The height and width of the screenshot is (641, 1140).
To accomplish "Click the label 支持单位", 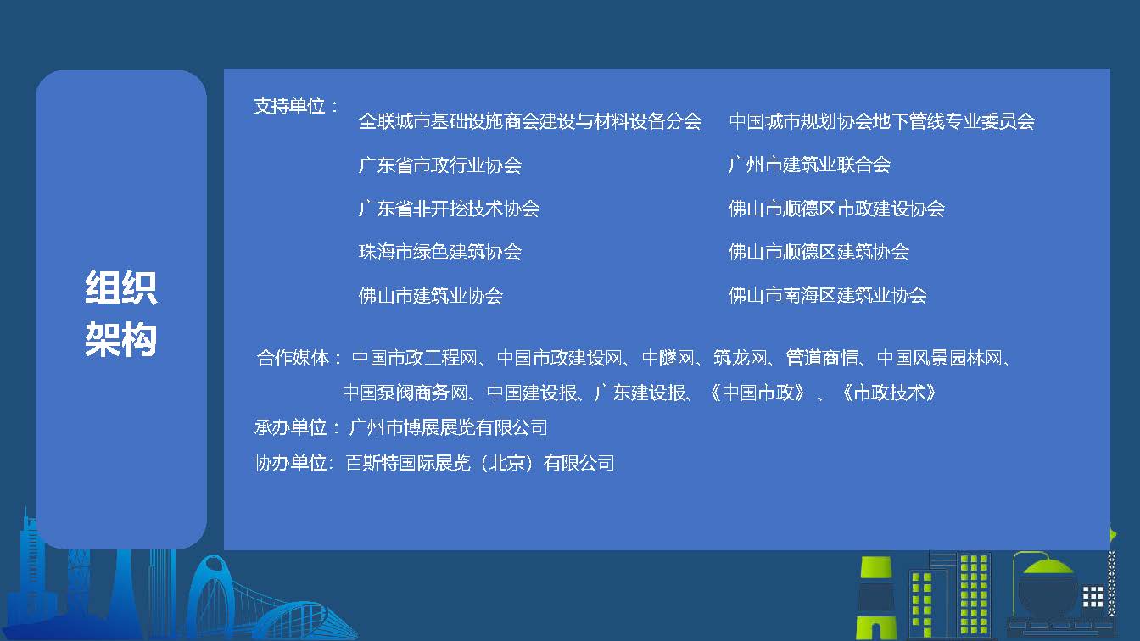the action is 289,106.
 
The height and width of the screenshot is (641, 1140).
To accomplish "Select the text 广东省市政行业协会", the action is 440,165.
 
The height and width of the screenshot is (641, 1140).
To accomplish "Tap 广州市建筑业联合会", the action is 809,164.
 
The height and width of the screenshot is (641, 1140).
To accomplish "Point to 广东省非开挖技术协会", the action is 449,209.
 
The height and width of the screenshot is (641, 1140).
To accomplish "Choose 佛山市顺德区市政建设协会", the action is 836,209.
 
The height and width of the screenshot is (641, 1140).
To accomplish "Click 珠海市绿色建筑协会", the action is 440,252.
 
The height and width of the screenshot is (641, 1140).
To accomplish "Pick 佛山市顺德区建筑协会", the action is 819,252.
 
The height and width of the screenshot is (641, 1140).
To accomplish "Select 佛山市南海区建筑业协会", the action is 828,295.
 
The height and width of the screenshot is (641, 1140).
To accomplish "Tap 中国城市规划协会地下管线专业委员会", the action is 881,121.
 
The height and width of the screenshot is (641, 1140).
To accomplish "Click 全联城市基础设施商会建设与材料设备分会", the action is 530,121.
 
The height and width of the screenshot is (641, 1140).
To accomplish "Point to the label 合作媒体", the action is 293,358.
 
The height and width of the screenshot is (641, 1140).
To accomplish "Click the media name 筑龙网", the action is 740,358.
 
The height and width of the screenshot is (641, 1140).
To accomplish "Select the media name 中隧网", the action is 668,358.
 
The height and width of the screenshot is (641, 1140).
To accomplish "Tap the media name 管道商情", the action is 821,358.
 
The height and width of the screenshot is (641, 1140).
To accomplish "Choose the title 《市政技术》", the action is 889,393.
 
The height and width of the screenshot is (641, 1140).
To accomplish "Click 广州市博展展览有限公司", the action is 449,427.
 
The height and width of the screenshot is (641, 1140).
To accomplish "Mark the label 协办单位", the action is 290,463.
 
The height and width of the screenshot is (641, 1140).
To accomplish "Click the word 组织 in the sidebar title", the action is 120,287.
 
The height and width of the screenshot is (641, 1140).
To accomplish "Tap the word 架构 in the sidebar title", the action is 120,339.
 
